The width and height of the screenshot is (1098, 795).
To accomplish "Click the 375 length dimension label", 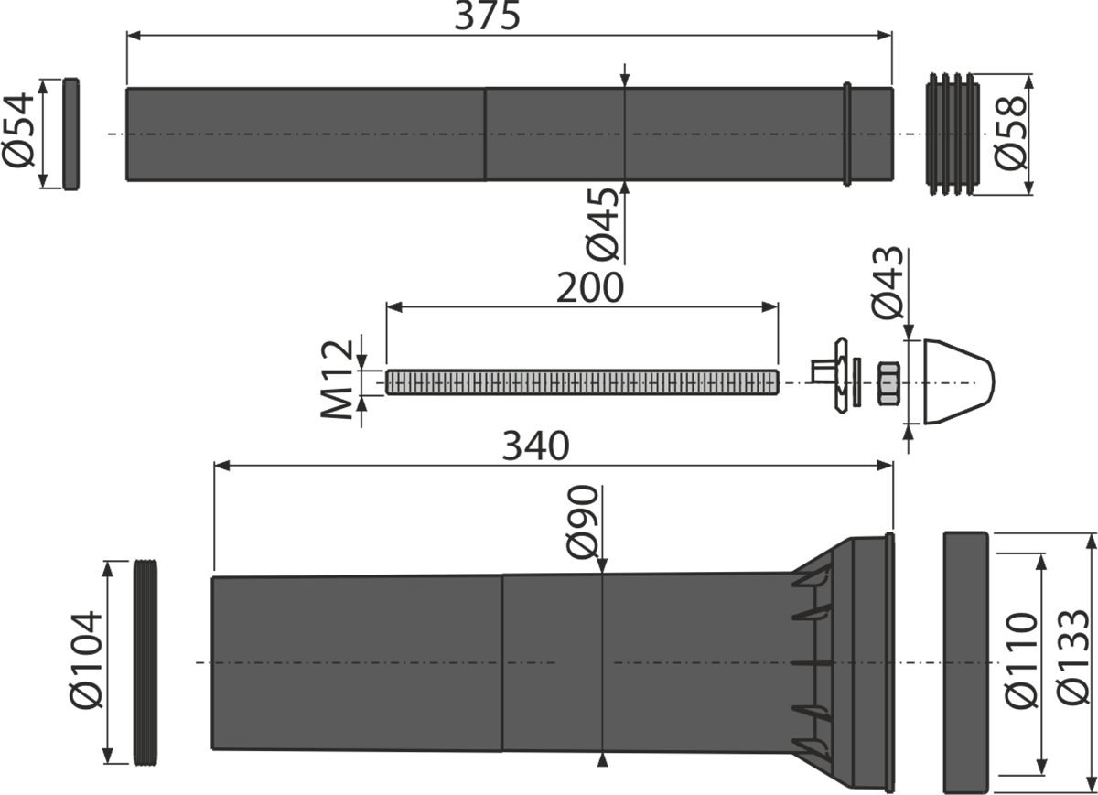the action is [487, 16].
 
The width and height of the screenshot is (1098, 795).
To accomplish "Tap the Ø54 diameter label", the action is [18, 131].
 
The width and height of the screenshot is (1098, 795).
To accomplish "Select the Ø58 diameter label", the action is [1010, 134].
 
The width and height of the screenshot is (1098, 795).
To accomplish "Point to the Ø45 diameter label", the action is [602, 224].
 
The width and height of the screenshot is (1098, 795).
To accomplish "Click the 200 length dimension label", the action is [590, 288].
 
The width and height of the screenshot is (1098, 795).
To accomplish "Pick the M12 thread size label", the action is [337, 380].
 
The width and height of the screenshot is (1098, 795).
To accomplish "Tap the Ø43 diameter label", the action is [888, 283].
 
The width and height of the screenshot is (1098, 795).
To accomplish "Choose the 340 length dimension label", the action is [536, 446].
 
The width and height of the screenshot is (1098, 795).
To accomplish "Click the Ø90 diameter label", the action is [582, 522].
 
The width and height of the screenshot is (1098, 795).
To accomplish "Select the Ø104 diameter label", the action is [86, 661].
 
